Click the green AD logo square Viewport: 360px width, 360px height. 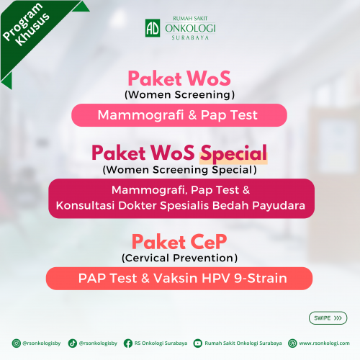click(153, 28)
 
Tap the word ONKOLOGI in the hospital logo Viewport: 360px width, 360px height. click(190, 29)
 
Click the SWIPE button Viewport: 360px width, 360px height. click(328, 318)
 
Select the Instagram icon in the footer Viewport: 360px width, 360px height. click(17, 343)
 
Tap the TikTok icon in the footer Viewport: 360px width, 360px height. click(72, 343)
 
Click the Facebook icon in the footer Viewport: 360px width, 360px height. click(128, 343)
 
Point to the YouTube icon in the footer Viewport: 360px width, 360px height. click(198, 343)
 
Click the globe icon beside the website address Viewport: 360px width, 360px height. click(292, 343)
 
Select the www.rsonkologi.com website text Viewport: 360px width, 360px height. click(324, 343)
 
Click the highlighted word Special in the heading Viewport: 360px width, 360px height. click(233, 154)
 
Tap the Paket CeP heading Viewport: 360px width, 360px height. click(179, 242)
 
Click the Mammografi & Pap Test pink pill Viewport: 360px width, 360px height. click(179, 115)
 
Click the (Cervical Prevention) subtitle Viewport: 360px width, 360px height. click(179, 258)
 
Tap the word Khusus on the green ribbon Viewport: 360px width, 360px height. click(32, 30)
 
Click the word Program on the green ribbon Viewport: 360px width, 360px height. click(23, 22)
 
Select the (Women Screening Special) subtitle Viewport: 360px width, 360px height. click(179, 170)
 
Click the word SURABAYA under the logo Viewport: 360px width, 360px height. click(190, 37)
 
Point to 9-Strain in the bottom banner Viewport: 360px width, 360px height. click(261, 279)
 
